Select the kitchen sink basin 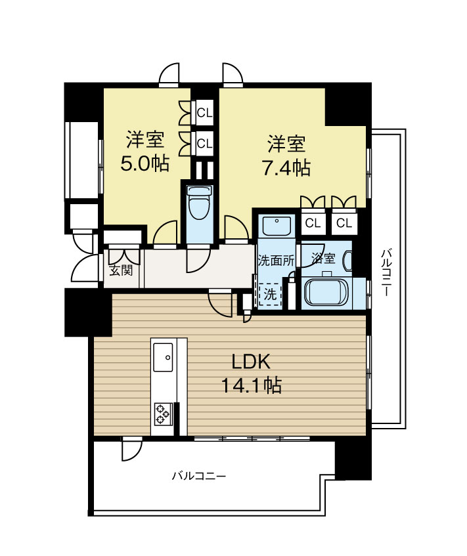pos(164,357)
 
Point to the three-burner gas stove pos(164,414)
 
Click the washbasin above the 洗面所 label pos(277,225)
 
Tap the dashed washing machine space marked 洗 pos(271,294)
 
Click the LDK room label pos(252,362)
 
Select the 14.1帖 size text pos(252,385)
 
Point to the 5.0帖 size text pos(145,163)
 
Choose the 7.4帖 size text pos(286,168)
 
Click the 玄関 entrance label pos(121,270)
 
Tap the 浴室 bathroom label pos(323,258)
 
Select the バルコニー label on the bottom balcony pos(199,476)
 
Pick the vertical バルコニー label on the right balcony pos(386,273)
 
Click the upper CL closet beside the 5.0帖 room pos(205,113)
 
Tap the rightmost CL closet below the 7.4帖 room pos(344,223)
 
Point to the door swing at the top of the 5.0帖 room pos(169,73)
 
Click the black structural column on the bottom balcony pos(353,460)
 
